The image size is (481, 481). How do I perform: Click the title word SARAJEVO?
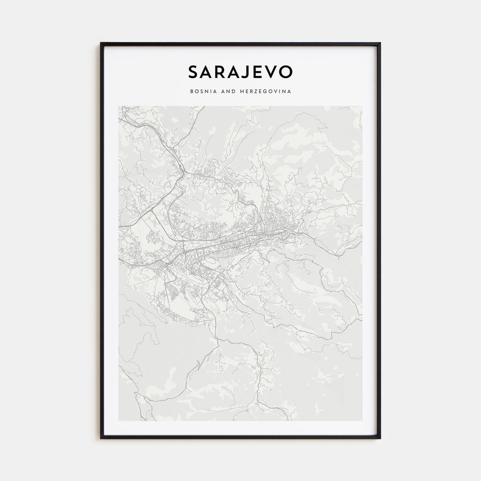(x=240, y=72)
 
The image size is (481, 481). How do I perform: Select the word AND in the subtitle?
(x=227, y=91)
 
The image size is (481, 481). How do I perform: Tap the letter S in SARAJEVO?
(x=193, y=72)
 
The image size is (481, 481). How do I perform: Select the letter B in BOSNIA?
(x=191, y=91)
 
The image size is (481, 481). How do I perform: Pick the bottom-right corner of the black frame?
(x=380, y=438)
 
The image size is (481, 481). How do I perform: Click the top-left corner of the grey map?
(x=119, y=106)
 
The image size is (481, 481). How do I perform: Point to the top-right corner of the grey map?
(x=362, y=106)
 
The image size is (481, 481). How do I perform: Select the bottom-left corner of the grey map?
(x=119, y=420)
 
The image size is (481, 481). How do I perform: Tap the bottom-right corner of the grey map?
(x=362, y=420)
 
